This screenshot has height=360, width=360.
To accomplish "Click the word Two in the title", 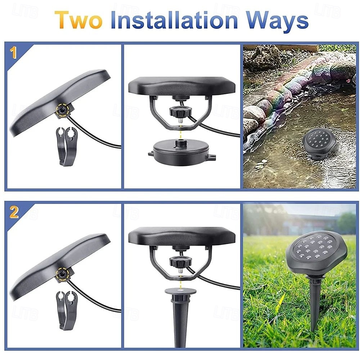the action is (x=78, y=20).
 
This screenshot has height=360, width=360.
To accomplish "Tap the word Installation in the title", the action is (x=174, y=20).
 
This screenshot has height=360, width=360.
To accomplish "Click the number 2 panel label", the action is (x=14, y=212).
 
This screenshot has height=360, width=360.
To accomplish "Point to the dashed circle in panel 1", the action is (x=62, y=111).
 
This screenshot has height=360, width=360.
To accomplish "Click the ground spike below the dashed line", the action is (x=180, y=318).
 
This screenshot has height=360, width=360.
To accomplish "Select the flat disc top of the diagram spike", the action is (x=180, y=291).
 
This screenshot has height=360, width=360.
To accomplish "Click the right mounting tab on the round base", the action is (x=212, y=157).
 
